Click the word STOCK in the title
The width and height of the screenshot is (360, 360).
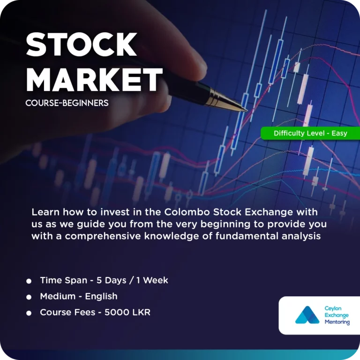[x=81, y=45]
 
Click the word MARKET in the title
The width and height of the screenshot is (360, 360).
[x=94, y=80]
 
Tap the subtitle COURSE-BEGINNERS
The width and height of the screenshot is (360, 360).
[x=67, y=103]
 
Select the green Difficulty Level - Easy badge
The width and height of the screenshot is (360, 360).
[x=310, y=133]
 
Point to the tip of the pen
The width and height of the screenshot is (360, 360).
[x=247, y=111]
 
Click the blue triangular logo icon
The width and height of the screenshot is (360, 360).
[x=307, y=315]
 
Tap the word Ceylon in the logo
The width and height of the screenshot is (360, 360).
[x=333, y=308]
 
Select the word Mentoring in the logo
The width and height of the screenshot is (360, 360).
[x=337, y=322]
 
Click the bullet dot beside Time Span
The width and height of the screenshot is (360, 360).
[x=29, y=281]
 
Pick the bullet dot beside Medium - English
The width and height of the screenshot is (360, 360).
[x=29, y=297]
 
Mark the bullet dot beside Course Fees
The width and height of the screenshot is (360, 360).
[x=29, y=313]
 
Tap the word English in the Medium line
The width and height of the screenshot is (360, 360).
[x=101, y=296]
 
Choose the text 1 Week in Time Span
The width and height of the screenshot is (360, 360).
[x=152, y=280]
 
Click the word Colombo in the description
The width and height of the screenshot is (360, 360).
[x=187, y=212]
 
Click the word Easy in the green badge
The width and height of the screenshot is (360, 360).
[x=339, y=134]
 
